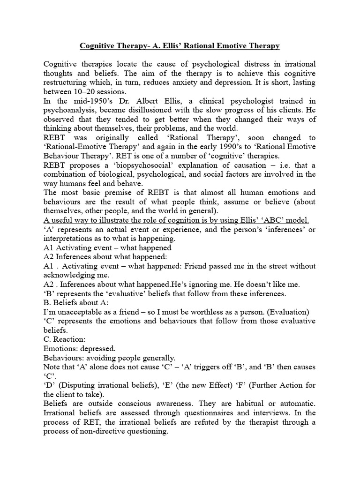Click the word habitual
point(262,404)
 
